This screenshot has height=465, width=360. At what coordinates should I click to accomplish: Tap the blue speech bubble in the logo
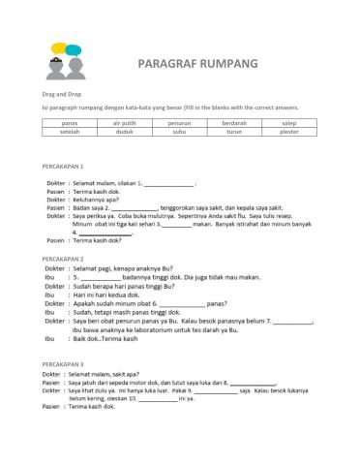coord(57,49)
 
